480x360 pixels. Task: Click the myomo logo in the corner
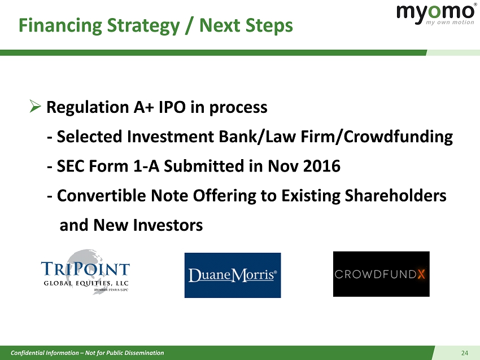tap(435, 14)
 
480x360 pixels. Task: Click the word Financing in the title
tap(60, 26)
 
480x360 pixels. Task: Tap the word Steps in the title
tap(269, 26)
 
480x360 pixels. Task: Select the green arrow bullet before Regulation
tap(35, 106)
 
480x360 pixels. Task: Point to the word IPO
tap(172, 107)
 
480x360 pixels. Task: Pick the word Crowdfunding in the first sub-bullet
tap(398, 137)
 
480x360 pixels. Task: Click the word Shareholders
tap(395, 195)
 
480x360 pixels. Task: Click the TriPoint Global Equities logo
tap(85, 272)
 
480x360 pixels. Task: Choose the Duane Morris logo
tap(233, 275)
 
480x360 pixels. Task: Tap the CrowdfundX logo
tap(381, 274)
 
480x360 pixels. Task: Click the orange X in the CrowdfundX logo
tap(421, 274)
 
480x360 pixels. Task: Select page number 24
tap(464, 353)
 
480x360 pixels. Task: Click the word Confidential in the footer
tap(27, 353)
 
